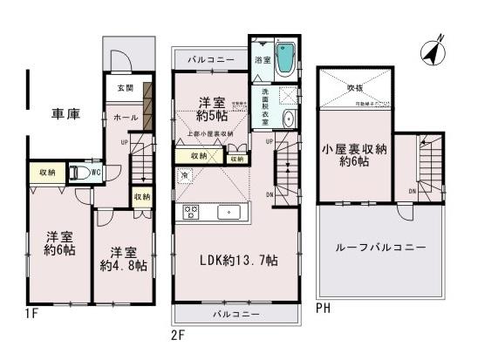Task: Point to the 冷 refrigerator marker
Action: pos(185,177)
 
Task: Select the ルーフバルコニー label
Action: pos(381,247)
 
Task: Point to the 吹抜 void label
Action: pos(355,87)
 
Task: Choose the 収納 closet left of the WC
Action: pos(44,173)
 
